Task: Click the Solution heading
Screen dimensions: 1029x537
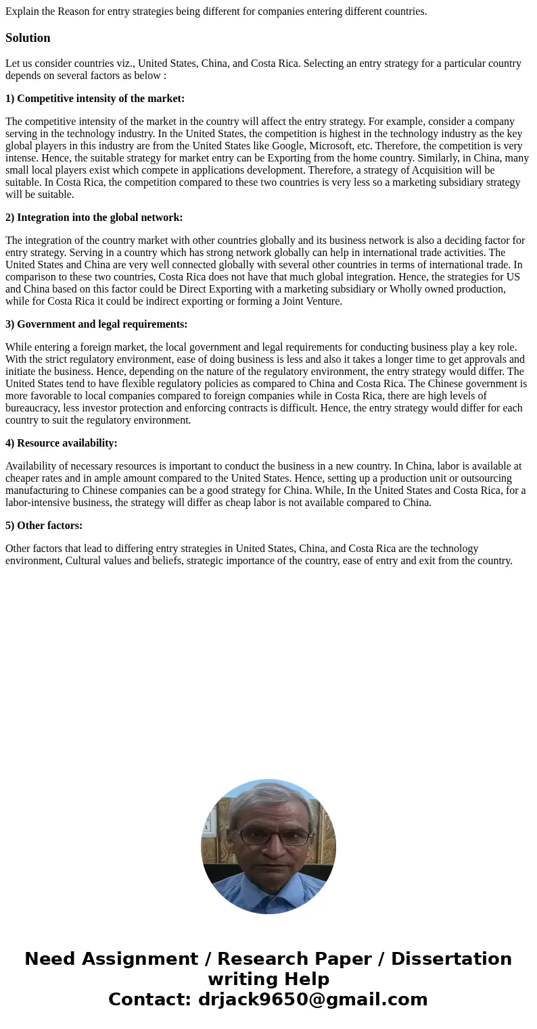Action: coord(28,38)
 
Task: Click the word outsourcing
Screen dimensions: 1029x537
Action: coord(486,478)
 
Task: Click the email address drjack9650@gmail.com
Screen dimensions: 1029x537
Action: coord(312,999)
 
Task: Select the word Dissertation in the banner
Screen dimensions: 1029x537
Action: coord(451,959)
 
